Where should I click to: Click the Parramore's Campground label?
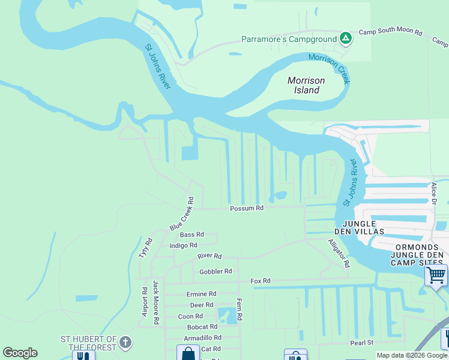(289, 40)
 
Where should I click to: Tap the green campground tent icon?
(345, 39)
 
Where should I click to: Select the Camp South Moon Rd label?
(390, 32)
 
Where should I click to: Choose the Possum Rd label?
(247, 208)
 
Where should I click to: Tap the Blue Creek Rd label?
(182, 214)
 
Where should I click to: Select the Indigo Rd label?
(184, 245)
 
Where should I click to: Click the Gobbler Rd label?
(215, 271)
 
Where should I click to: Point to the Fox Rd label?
(261, 280)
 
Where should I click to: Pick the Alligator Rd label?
(339, 253)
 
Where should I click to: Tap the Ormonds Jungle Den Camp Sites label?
(419, 255)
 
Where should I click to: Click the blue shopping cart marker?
(436, 275)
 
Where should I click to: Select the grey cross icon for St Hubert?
(125, 343)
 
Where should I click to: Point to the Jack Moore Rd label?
(155, 302)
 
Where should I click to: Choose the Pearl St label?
(362, 343)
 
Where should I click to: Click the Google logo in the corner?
(20, 353)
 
